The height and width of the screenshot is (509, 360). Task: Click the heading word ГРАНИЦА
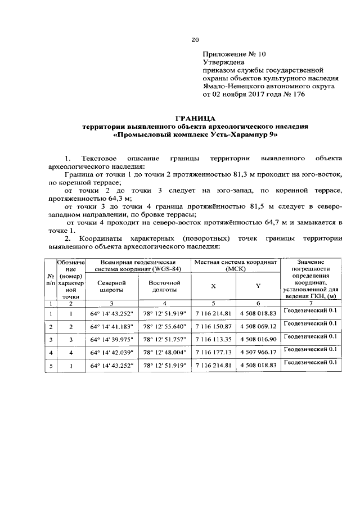[x=195, y=118]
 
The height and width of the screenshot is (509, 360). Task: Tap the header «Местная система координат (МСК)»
[x=236, y=265]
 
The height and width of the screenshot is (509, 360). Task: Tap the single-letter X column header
[x=213, y=286]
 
